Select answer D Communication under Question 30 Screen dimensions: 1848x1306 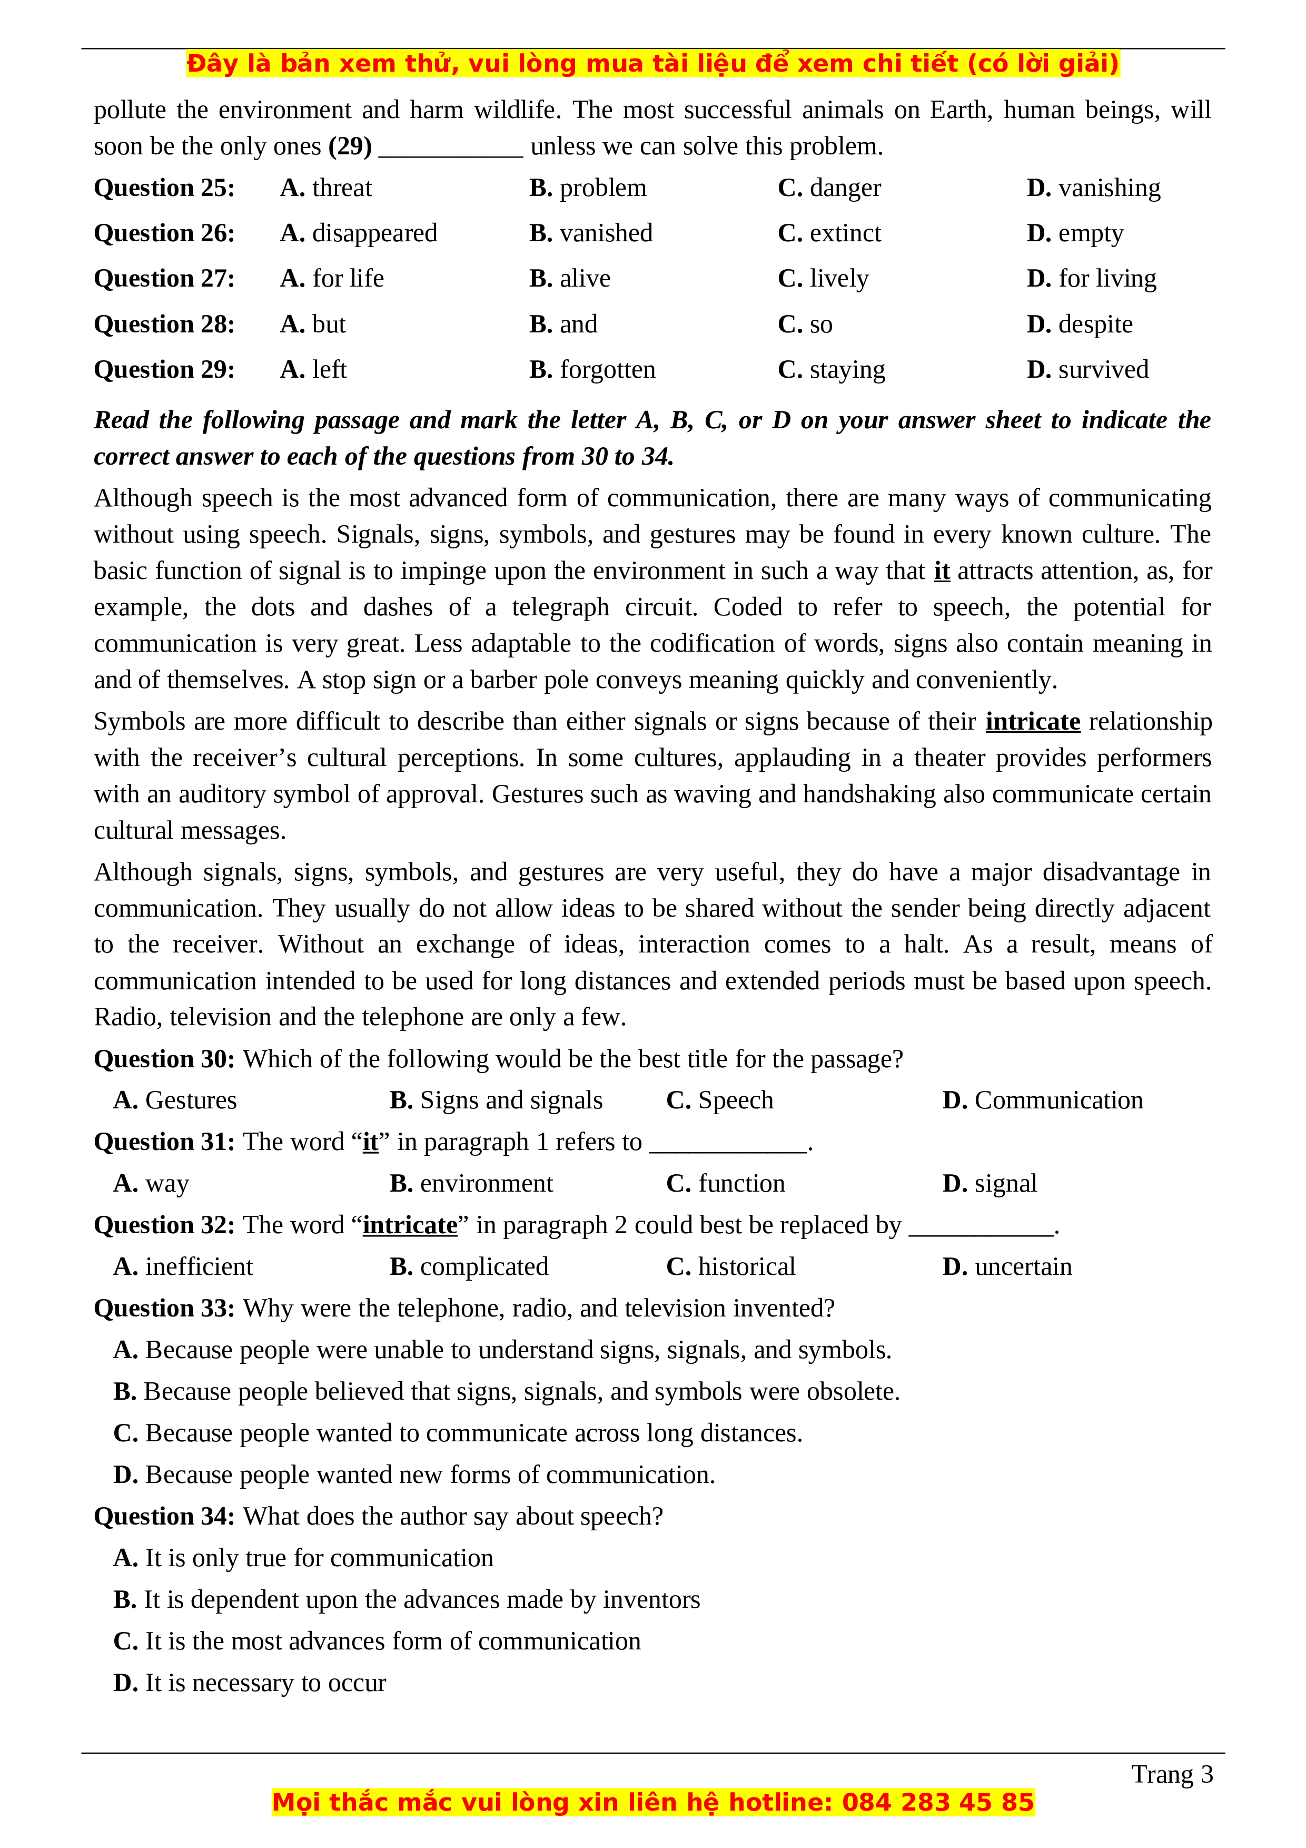(x=1042, y=1100)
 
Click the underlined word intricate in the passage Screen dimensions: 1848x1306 (x=1032, y=722)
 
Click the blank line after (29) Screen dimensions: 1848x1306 (x=451, y=148)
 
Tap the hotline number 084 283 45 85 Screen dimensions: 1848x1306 (x=937, y=1802)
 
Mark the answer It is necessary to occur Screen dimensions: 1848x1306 (x=250, y=1683)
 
